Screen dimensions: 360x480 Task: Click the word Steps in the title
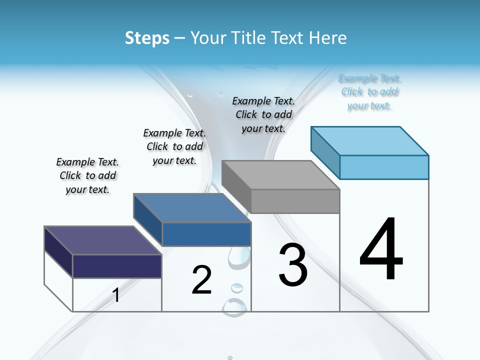147,38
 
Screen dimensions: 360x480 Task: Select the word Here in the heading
328,38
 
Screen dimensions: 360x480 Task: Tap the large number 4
381,250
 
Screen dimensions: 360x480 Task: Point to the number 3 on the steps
293,265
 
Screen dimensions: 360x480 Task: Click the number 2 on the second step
201,280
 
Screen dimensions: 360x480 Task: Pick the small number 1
116,295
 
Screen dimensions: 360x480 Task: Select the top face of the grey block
280,175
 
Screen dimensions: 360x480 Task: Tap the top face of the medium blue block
192,208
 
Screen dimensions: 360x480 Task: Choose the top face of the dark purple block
102,240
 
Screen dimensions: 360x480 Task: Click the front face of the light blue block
384,167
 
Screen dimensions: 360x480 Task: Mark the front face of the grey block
295,201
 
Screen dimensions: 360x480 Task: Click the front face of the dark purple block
117,266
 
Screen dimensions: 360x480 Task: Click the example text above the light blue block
369,92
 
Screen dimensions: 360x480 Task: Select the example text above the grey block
263,114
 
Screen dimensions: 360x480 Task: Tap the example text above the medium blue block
174,146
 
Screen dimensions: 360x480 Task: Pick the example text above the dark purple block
87,175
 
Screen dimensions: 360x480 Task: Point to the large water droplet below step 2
234,306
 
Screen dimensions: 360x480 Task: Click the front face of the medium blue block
206,234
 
